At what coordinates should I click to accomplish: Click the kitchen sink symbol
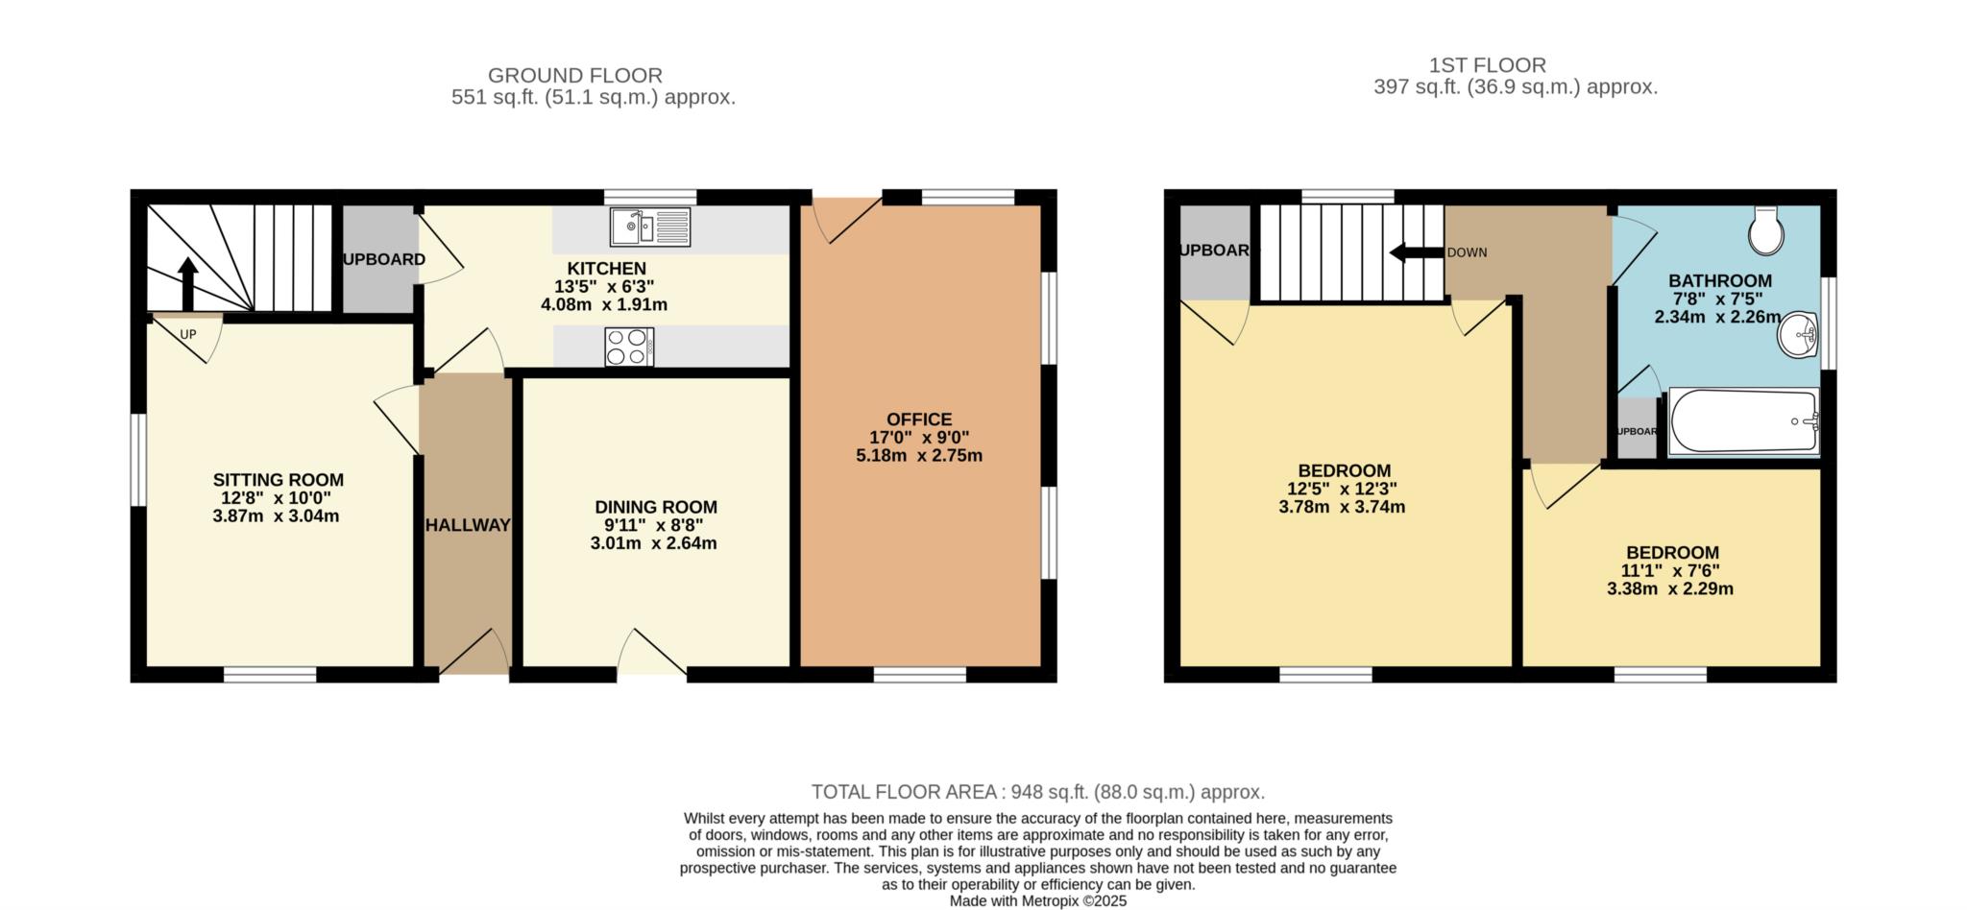click(x=649, y=227)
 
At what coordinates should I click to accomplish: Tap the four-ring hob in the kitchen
click(x=629, y=347)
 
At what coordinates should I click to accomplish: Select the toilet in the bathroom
click(x=1766, y=230)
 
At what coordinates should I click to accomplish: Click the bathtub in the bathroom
click(x=1744, y=420)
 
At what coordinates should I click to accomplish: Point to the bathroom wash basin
click(x=1798, y=336)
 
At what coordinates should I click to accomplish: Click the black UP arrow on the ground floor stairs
click(x=187, y=284)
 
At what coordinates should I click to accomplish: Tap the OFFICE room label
click(x=919, y=419)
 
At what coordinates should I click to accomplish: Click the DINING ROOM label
click(x=656, y=507)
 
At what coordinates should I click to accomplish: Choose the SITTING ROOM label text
click(x=279, y=480)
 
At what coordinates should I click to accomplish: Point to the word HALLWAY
click(x=468, y=525)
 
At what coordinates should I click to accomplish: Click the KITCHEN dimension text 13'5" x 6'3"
click(x=604, y=286)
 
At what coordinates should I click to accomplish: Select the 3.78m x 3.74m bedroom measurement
click(x=1342, y=507)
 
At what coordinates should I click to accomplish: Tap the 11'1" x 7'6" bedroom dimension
click(x=1670, y=570)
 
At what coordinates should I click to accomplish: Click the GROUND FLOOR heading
click(x=575, y=75)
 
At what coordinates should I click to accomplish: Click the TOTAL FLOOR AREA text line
click(x=1038, y=792)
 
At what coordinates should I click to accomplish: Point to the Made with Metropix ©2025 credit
click(x=1038, y=901)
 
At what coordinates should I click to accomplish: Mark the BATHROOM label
click(x=1720, y=281)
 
